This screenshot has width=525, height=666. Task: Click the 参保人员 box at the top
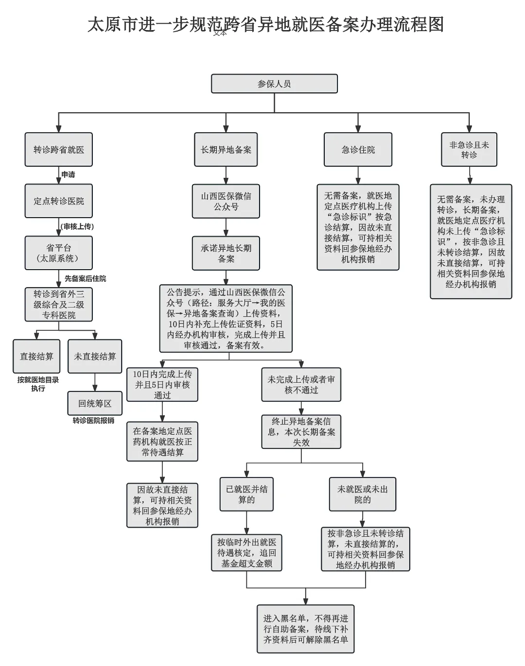(x=274, y=84)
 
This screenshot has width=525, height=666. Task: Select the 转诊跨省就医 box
(x=59, y=150)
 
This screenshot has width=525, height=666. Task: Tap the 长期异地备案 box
(x=226, y=150)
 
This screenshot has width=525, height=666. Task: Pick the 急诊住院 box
(x=358, y=150)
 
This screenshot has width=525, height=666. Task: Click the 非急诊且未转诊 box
(x=469, y=150)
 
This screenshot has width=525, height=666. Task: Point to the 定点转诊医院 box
(x=59, y=201)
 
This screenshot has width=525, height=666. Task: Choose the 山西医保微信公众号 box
(x=226, y=201)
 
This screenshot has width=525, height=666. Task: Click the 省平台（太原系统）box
(x=59, y=253)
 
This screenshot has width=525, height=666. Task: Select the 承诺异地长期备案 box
(x=226, y=253)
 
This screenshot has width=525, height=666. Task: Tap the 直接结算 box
(x=36, y=357)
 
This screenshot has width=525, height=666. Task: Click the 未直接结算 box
(x=95, y=357)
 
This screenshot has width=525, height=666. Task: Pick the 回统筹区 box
(x=95, y=404)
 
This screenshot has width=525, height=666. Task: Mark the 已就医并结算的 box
(x=246, y=495)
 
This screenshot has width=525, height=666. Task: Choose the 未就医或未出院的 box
(x=363, y=495)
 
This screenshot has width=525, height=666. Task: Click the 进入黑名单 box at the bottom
(x=306, y=629)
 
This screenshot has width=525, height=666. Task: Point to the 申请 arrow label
(x=68, y=174)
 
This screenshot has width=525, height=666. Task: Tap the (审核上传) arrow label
(x=77, y=226)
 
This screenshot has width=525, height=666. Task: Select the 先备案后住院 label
(x=85, y=278)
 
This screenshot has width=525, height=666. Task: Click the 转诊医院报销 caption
(x=93, y=420)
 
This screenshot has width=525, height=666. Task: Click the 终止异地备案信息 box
(x=301, y=432)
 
